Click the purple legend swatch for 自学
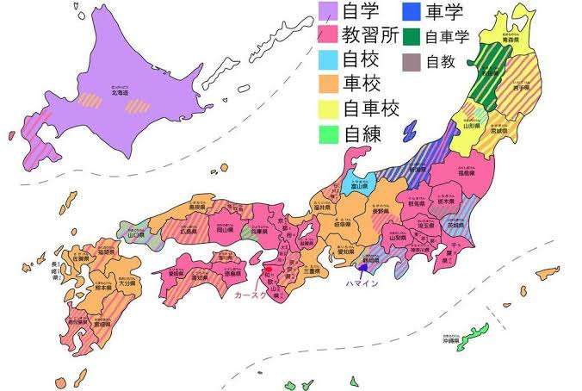328,12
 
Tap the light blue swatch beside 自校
328,60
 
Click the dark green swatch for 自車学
412,37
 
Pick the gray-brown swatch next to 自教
412,62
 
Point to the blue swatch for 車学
412,12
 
